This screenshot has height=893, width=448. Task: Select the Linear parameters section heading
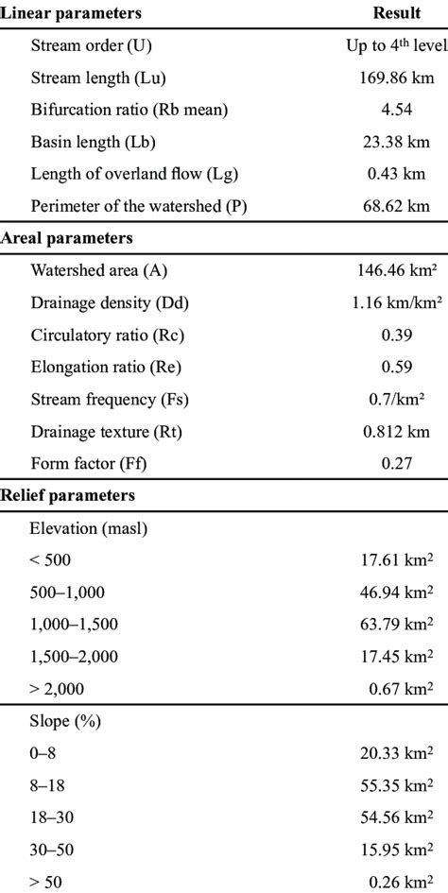pos(73,13)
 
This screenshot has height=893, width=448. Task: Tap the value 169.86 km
pos(390,77)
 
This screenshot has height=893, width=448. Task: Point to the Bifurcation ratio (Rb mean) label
pos(129,110)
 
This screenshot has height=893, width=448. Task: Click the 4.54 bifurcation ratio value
pos(390,110)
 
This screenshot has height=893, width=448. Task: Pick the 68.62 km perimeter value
pos(390,206)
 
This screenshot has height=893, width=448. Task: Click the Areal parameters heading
pos(69,238)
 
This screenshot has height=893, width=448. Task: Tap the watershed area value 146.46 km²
pos(390,271)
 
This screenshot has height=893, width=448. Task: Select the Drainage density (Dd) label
pos(111,303)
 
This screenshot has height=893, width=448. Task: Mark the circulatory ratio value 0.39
pos(390,335)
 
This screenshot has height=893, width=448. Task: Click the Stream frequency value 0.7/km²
pos(390,400)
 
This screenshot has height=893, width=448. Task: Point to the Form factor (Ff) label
pos(90,464)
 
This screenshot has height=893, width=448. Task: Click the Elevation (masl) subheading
pos(88,528)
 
